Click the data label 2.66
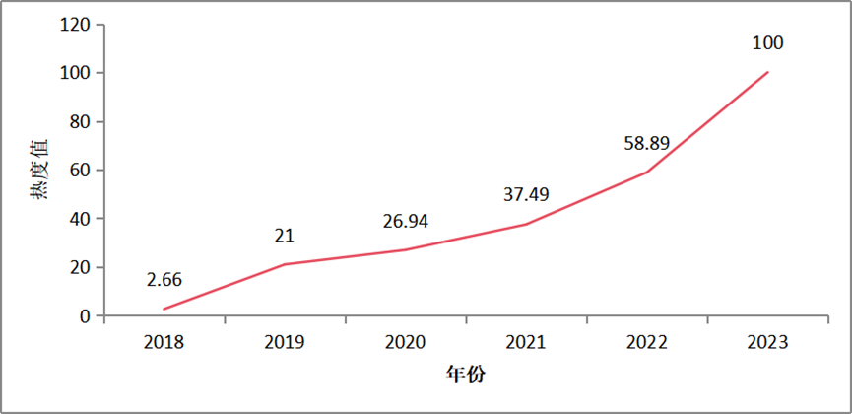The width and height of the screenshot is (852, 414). click(164, 280)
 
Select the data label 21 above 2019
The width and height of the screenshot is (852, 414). click(285, 236)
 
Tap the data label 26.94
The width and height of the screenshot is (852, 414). click(405, 220)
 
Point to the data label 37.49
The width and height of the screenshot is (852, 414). click(525, 194)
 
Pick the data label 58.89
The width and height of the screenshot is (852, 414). click(646, 143)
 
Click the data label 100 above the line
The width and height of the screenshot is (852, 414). click(766, 43)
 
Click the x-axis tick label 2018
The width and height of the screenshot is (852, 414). click(164, 342)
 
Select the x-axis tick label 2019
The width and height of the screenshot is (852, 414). click(285, 342)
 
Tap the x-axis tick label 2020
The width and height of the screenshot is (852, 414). click(405, 342)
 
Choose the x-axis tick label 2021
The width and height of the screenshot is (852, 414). click(525, 342)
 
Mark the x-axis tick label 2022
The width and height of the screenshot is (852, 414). click(646, 342)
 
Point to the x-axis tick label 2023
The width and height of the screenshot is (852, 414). click(766, 342)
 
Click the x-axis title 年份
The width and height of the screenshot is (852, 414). click(465, 375)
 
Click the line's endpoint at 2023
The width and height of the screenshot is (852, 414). click(767, 72)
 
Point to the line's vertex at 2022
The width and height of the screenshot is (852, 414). click(646, 172)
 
